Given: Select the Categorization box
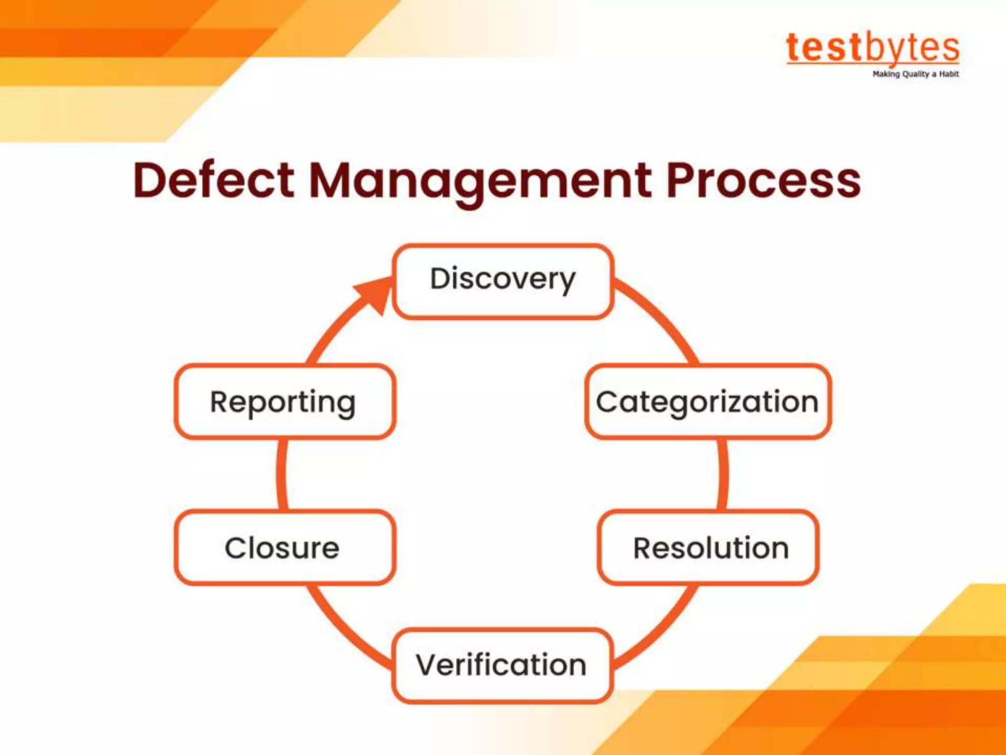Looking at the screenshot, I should (708, 402).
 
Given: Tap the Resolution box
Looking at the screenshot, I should (708, 548).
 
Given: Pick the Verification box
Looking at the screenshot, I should (502, 666).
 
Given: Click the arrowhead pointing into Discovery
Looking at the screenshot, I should (375, 295).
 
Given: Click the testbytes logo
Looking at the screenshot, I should (872, 48).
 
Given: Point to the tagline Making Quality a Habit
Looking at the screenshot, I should (916, 74).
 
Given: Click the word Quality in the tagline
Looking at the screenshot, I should (916, 74).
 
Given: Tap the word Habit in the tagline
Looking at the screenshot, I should (949, 74).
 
